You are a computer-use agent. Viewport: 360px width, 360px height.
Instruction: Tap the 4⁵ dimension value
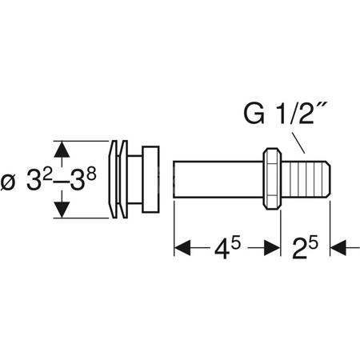click(x=227, y=248)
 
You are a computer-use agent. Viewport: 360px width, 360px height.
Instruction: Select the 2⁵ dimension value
click(x=305, y=248)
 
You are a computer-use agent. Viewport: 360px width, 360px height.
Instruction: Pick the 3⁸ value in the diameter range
click(x=82, y=178)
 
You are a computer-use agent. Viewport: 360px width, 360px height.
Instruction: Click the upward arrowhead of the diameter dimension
click(x=62, y=150)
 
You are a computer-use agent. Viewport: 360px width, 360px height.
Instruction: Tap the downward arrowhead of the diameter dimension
click(x=62, y=210)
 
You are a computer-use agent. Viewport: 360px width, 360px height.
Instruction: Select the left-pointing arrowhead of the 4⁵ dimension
click(x=182, y=248)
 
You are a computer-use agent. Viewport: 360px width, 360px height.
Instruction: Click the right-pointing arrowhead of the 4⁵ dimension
click(x=272, y=248)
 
